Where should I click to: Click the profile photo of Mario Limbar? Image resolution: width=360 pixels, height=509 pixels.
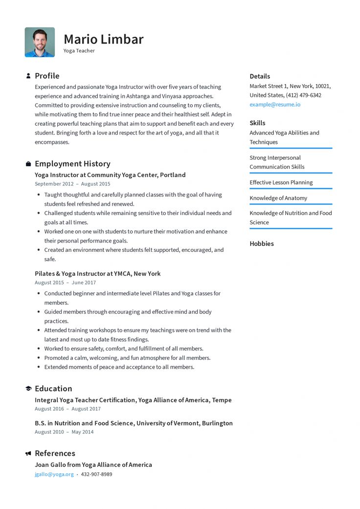[40, 42]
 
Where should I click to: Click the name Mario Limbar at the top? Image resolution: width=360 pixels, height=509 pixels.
[103, 39]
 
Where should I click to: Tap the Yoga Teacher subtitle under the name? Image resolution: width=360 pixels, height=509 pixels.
[79, 51]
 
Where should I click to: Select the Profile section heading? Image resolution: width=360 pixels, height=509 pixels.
[47, 76]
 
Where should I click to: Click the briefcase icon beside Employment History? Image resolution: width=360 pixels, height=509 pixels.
[28, 164]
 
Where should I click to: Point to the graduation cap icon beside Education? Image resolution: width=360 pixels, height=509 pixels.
[28, 389]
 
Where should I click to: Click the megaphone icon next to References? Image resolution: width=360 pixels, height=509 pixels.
[28, 454]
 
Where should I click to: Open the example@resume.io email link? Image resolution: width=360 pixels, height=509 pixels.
[275, 105]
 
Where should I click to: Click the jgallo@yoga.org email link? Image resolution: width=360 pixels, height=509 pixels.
[54, 474]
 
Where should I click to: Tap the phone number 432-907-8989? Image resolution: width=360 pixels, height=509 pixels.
[96, 474]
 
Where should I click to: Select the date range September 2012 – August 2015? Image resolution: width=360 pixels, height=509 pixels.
[72, 184]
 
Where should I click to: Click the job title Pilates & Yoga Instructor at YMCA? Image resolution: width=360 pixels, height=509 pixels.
[97, 274]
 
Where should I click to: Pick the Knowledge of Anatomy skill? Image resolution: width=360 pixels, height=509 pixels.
[278, 198]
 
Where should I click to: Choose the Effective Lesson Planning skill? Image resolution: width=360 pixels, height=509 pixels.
[281, 182]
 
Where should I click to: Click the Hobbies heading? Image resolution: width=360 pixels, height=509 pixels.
[262, 243]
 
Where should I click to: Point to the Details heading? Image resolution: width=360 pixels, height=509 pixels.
[260, 76]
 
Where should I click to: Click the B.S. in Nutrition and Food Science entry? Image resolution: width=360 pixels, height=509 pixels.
[134, 423]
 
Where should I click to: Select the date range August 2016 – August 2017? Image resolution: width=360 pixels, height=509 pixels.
[67, 409]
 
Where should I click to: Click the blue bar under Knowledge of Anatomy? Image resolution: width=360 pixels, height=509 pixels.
[291, 204]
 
